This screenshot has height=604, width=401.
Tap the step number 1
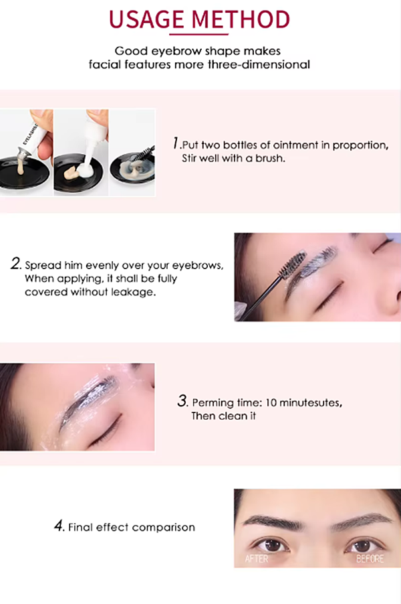175,143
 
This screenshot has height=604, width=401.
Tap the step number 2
15,264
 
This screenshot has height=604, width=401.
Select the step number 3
182,401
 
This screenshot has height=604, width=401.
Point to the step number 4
59,526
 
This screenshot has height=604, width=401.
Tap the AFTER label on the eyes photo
257,558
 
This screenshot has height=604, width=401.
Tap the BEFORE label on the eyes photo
370,558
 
